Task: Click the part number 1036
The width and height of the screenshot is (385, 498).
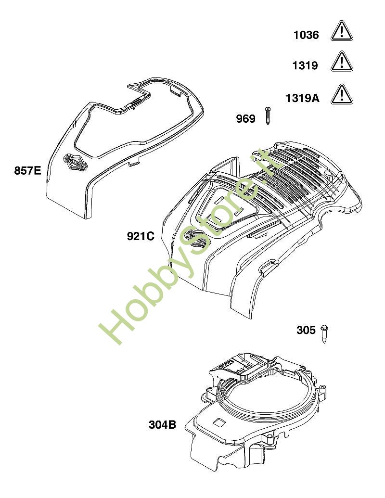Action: (x=306, y=35)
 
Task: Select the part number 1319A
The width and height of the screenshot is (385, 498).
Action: (x=302, y=98)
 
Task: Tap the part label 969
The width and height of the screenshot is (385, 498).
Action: (x=245, y=118)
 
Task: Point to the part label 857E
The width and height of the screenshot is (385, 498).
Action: (x=27, y=170)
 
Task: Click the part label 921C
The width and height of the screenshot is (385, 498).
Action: (x=141, y=236)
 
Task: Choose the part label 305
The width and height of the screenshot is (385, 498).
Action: (x=306, y=330)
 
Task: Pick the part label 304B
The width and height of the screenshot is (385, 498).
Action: (x=162, y=424)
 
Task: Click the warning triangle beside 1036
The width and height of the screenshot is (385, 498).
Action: (x=342, y=31)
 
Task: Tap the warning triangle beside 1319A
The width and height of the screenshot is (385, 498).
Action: (x=342, y=95)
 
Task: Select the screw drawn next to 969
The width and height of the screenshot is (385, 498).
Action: (x=268, y=115)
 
